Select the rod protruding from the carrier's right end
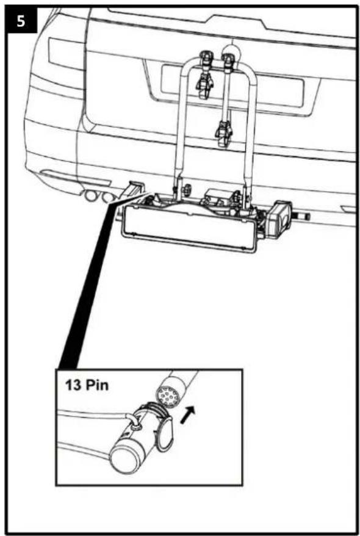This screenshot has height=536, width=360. tap(303, 215)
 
